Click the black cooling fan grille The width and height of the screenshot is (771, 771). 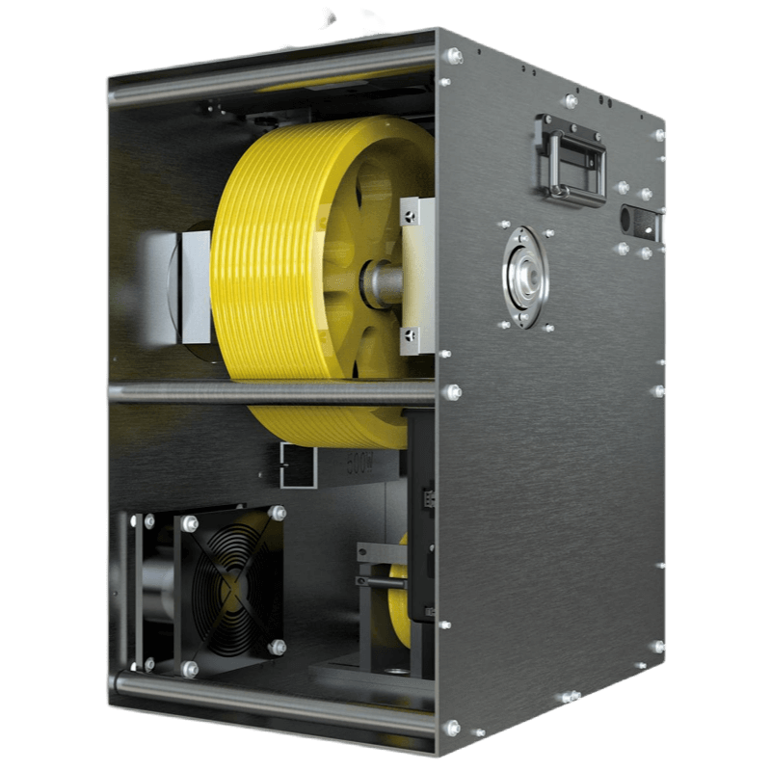tap(227, 588)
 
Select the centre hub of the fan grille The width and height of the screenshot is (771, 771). tap(228, 589)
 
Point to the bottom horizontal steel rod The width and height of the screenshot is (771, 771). tap(270, 698)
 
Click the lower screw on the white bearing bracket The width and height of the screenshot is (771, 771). tap(411, 334)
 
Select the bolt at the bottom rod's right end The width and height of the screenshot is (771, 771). tap(452, 728)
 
